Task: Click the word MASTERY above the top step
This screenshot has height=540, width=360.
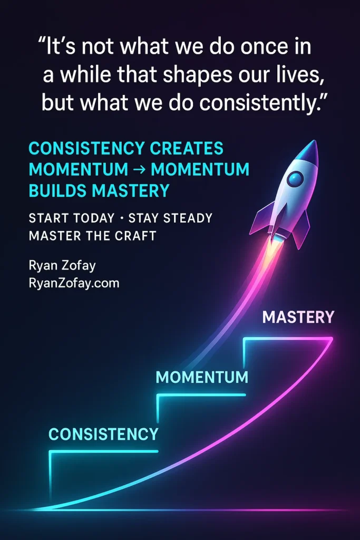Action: (298, 317)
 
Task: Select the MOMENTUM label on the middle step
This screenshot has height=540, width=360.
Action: (202, 377)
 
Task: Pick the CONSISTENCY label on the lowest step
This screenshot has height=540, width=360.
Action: (103, 434)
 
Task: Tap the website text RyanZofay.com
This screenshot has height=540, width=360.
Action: (74, 283)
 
